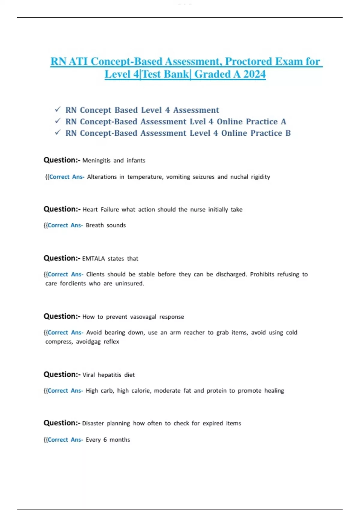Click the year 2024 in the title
pyautogui.click(x=254, y=74)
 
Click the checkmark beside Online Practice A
pyautogui.click(x=58, y=121)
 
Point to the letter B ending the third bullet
pyautogui.click(x=288, y=133)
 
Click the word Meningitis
pyautogui.click(x=96, y=160)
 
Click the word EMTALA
pyautogui.click(x=93, y=259)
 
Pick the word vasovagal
pyautogui.click(x=143, y=317)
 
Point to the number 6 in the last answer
pyautogui.click(x=105, y=440)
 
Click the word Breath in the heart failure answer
pyautogui.click(x=94, y=225)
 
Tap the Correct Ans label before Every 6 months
pyautogui.click(x=65, y=440)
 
